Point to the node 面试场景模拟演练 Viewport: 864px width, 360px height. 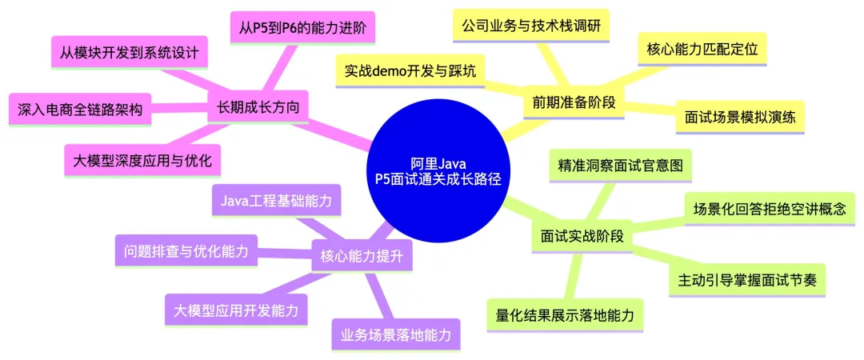pos(739,117)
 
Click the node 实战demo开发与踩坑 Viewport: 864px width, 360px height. pos(410,71)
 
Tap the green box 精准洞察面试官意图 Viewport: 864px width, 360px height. pos(620,166)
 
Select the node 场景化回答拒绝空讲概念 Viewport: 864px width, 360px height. pos(769,210)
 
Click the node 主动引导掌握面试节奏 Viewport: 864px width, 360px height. pos(746,280)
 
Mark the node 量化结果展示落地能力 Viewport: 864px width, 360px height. pos(565,315)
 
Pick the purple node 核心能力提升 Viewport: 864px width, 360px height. pos(361,258)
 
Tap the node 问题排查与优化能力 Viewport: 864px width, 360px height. pos(186,251)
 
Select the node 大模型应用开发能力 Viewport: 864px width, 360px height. pos(235,310)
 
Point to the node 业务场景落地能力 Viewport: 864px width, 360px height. pos(395,334)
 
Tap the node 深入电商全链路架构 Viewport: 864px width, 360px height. pos(80,110)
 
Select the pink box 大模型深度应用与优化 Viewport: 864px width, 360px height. pos(142,160)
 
